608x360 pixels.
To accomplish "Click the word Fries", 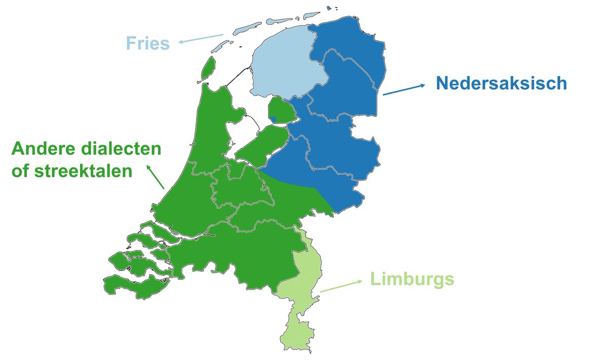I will (x=147, y=43).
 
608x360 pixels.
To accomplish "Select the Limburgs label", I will (x=411, y=279).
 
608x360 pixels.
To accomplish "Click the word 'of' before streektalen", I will (x=21, y=171).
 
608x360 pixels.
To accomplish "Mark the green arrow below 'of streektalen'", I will (x=156, y=176).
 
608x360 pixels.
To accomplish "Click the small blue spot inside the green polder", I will (x=274, y=119).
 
